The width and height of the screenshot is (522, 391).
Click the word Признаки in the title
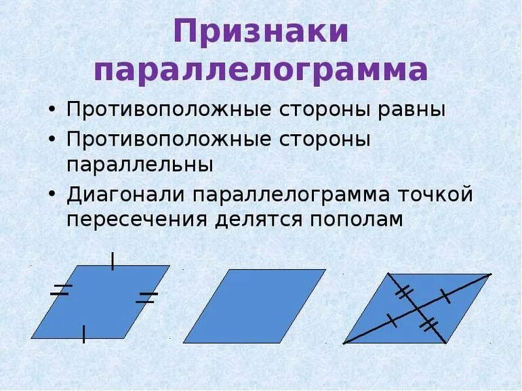261,32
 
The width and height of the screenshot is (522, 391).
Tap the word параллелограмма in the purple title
261,70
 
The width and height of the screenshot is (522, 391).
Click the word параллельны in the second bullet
140,165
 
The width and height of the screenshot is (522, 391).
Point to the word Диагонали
126,194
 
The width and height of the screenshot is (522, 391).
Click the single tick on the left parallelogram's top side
113,261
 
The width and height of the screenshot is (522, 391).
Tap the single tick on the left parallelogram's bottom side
83,334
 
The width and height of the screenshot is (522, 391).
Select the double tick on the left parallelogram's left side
61,290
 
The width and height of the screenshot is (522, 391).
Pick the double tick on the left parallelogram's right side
146,297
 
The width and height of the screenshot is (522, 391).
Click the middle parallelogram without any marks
254,306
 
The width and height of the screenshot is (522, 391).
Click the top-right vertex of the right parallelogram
489,274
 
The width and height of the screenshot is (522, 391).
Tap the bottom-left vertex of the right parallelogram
344,343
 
